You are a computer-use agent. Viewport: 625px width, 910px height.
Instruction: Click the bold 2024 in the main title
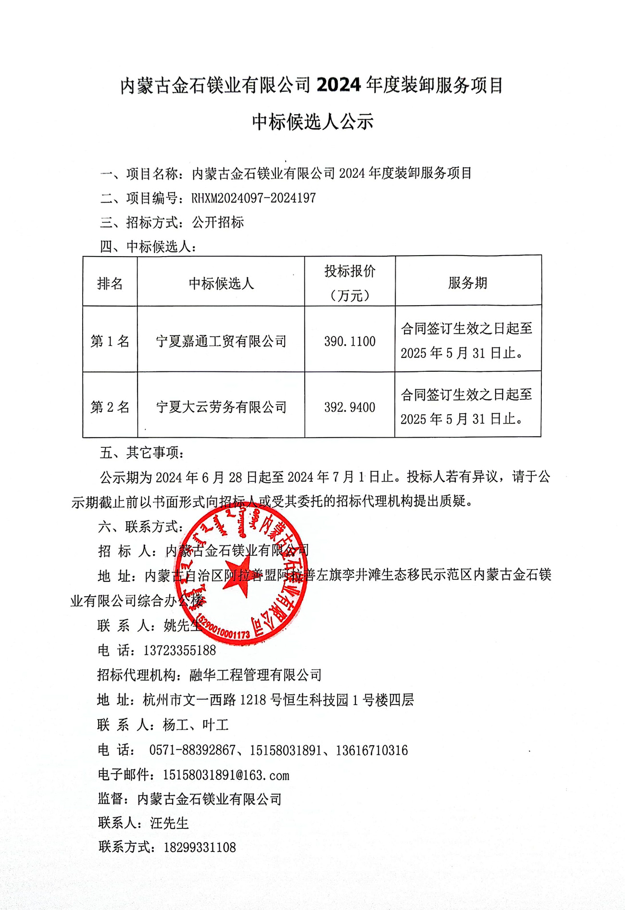pos(338,85)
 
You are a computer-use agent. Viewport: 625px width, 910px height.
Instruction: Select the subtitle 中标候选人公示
pos(312,122)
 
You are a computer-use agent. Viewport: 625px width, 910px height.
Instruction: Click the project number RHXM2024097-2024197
pos(253,198)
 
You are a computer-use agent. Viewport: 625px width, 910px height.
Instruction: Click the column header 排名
pos(110,283)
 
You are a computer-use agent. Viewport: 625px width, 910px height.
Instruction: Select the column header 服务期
pos(467,283)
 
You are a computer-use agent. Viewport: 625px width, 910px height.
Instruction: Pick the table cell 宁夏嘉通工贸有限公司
pos(221,341)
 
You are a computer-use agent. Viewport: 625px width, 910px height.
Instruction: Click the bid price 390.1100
pos(350,341)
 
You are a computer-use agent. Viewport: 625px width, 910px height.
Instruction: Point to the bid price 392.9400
pos(350,407)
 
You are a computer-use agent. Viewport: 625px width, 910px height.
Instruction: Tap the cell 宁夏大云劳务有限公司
pos(221,407)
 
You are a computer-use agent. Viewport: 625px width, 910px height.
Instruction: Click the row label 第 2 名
pos(110,407)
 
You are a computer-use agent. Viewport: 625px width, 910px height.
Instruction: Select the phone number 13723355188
pos(179,651)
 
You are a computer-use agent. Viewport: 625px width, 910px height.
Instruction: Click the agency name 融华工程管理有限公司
pos(255,675)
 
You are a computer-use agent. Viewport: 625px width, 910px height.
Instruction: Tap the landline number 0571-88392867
pos(192,750)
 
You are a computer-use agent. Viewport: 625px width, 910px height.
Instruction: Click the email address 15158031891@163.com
pos(226,775)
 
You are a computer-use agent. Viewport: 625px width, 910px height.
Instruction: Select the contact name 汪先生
pos(169,823)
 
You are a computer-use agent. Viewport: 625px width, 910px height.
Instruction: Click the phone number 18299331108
pos(200,847)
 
